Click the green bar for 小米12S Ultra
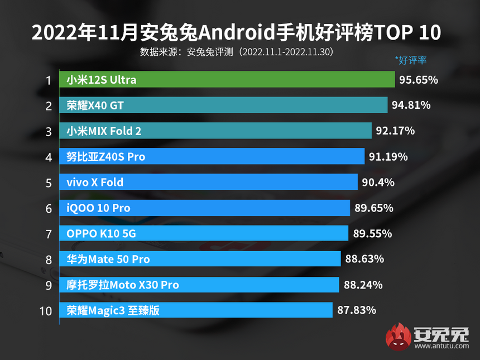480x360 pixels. point(227,80)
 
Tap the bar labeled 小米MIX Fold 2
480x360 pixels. point(215,131)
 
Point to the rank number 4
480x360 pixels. point(48,157)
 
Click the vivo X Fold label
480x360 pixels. point(94,183)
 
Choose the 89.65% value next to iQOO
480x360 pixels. point(373,208)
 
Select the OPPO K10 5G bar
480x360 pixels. point(204,234)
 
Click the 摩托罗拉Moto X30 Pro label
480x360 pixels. point(122,285)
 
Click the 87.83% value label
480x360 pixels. point(356,310)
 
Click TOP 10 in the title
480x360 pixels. point(407,33)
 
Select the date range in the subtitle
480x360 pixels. point(287,52)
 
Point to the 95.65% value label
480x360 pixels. point(419,80)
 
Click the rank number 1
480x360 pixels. point(48,80)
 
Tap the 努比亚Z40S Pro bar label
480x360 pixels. point(105,157)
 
